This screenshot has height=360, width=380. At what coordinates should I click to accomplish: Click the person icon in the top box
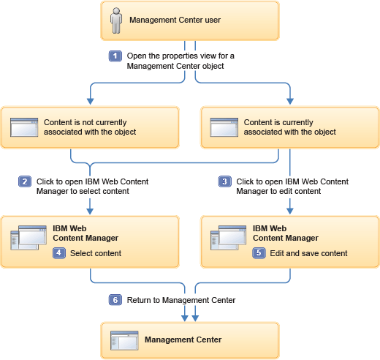coord(115,20)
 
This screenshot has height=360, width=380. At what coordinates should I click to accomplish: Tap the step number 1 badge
coord(115,56)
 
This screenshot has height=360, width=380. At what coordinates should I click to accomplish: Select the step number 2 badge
coord(25,181)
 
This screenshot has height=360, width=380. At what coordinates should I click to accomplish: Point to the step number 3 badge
coord(225,181)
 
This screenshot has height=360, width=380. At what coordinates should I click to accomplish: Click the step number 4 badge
coord(59,253)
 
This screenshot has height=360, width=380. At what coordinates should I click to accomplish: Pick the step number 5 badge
coord(259,253)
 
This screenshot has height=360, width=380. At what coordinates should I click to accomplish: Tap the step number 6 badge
coord(115,299)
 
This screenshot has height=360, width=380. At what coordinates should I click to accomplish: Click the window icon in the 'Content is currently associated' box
coord(224,127)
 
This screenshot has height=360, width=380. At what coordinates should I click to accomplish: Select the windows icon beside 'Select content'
coord(24,239)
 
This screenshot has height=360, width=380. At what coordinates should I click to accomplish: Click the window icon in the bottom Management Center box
coord(123,340)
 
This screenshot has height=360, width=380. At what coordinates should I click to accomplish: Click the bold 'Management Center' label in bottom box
coord(183,340)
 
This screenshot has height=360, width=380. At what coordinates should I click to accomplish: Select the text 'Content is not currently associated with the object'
coord(90,127)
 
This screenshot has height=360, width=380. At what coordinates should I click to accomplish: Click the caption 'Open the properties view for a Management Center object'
coord(175,61)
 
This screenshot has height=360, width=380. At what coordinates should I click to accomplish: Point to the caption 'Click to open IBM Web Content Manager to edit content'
coord(292,186)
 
